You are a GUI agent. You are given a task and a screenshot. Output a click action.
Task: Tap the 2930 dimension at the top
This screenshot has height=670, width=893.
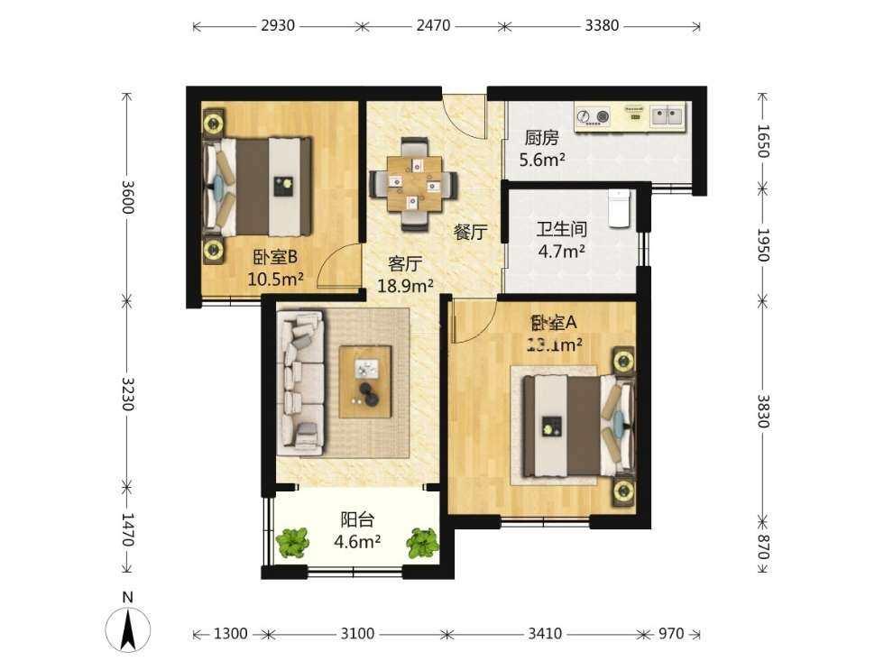pos(278,25)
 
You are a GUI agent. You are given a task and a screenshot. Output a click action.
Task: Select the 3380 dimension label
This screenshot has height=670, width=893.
pos(602,25)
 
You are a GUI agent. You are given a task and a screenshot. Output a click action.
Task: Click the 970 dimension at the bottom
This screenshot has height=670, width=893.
pos(670,634)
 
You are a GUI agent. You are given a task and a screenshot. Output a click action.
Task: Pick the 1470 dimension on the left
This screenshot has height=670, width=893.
pos(127,530)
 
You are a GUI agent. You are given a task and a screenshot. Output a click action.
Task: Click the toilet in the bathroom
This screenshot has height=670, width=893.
pos(618,208)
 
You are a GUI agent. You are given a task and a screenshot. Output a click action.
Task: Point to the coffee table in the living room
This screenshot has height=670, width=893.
pos(365,381)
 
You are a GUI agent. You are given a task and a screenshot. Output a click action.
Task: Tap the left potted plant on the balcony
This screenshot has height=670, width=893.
pos(291,542)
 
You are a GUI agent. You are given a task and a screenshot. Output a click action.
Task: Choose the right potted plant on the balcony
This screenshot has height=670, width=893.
pos(421,542)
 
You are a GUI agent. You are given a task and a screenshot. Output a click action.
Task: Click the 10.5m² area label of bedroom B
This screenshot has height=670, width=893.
pos(275,280)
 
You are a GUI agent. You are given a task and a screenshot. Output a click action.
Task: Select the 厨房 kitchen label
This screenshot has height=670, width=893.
pos(541,138)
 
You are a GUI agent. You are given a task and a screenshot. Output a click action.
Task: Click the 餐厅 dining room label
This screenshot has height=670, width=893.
pos(470,232)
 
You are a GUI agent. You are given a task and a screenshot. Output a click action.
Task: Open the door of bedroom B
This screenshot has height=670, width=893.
pos(341,266)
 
